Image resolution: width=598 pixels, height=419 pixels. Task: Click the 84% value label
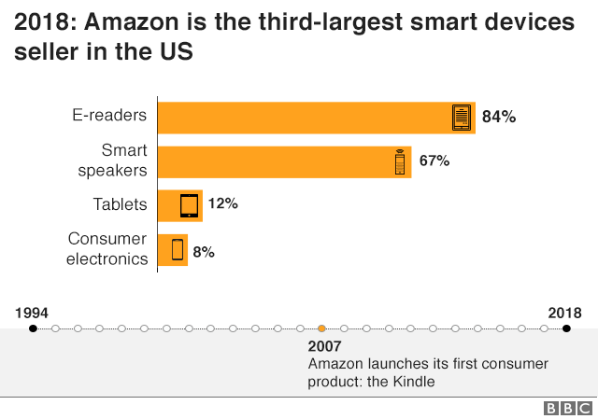click(499, 118)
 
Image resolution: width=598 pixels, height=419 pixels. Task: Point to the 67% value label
click(434, 161)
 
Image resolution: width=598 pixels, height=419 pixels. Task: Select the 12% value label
click(222, 204)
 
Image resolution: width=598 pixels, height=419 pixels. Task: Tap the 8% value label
click(205, 249)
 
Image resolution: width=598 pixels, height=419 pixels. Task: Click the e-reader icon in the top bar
click(461, 118)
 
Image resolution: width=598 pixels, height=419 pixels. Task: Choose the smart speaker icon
click(399, 162)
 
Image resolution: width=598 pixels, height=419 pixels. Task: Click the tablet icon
click(190, 205)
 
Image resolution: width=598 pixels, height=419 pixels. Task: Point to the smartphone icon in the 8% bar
click(177, 249)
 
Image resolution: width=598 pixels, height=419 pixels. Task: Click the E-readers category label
click(110, 117)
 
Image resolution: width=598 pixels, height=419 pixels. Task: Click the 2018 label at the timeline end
click(564, 313)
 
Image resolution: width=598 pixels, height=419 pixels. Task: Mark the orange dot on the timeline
click(321, 328)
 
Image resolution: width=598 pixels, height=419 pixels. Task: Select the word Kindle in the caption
click(415, 381)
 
